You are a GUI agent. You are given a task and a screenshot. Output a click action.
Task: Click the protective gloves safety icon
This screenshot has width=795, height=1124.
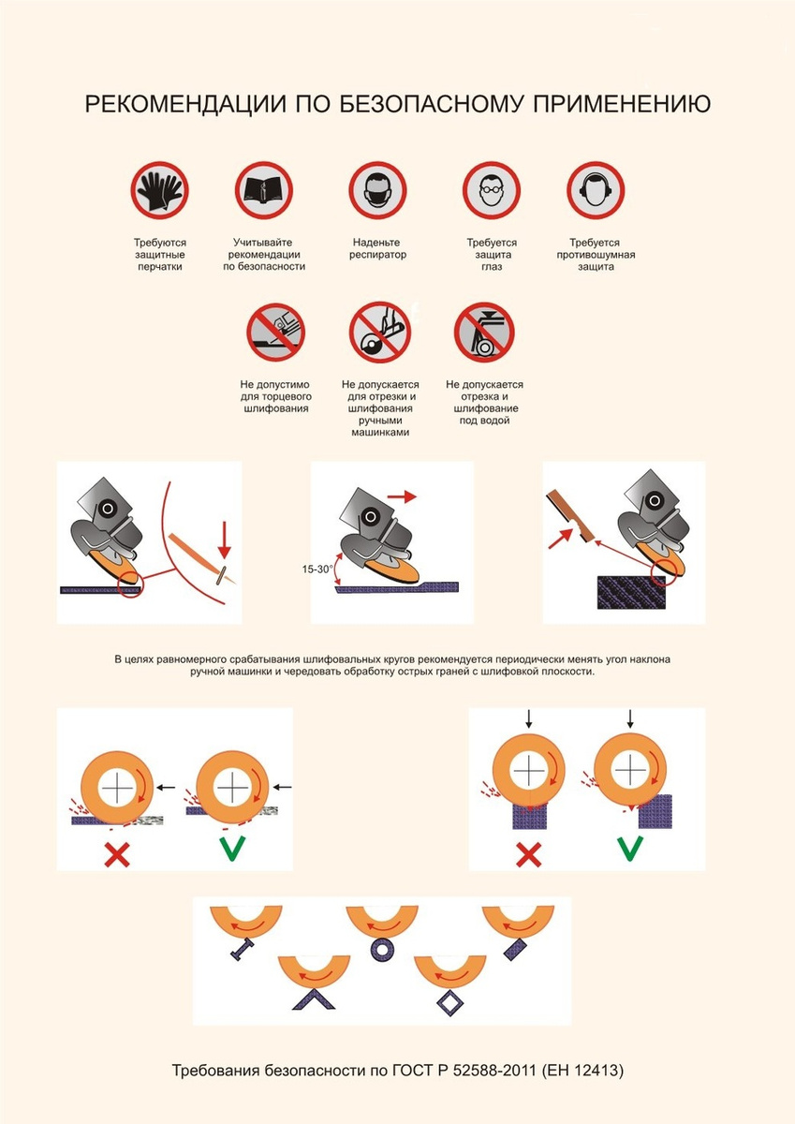[159, 191]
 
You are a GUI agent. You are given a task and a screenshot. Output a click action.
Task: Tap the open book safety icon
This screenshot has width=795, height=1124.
[264, 191]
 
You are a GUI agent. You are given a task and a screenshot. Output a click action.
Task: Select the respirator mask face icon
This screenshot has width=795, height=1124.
[377, 191]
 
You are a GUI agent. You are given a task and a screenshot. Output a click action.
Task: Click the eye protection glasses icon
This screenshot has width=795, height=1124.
[492, 191]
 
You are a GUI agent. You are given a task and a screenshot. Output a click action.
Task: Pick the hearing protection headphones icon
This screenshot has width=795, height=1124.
[596, 191]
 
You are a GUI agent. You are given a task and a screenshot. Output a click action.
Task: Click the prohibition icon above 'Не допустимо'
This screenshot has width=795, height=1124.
[275, 332]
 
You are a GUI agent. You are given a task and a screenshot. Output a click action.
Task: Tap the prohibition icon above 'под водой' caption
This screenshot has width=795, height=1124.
[484, 332]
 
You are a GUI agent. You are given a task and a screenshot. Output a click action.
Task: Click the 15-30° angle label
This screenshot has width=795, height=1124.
[317, 569]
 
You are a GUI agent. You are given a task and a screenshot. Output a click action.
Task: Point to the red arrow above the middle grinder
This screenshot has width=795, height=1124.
[402, 496]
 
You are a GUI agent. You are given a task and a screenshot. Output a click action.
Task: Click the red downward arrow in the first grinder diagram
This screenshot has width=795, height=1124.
[224, 540]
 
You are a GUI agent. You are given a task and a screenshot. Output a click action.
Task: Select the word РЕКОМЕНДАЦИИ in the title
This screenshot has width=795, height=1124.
[186, 104]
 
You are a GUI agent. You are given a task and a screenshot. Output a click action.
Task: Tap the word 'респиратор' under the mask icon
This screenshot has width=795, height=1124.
[377, 255]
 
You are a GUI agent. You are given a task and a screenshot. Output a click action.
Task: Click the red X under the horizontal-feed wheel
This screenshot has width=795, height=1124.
[117, 854]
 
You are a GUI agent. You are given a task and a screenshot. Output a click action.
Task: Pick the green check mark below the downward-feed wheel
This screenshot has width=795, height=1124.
[630, 849]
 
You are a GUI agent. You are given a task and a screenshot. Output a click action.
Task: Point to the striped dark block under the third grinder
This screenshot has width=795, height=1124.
[631, 593]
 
